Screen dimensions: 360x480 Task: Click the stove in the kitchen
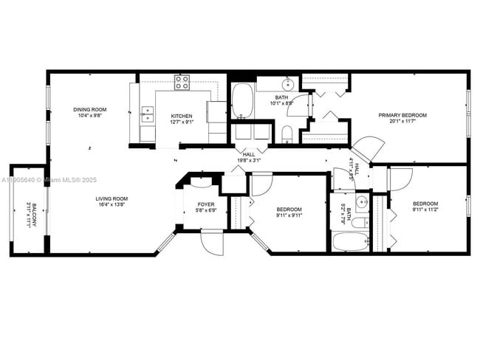point(182,82)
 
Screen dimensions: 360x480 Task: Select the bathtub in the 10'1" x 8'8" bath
point(242,101)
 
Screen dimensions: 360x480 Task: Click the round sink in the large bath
point(288,83)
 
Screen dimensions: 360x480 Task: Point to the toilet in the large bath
point(287,134)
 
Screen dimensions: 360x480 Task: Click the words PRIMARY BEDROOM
point(402,115)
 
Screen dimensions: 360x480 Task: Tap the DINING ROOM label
point(90,110)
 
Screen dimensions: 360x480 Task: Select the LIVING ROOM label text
point(112,198)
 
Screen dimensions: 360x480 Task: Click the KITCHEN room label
point(182,117)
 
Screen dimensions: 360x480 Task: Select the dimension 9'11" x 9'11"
point(289,216)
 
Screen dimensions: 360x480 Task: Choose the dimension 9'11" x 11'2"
point(425,210)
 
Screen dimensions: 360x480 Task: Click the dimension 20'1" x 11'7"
point(402,122)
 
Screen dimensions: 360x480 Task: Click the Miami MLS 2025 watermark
point(44,180)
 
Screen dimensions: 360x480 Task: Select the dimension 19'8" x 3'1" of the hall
point(248,160)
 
